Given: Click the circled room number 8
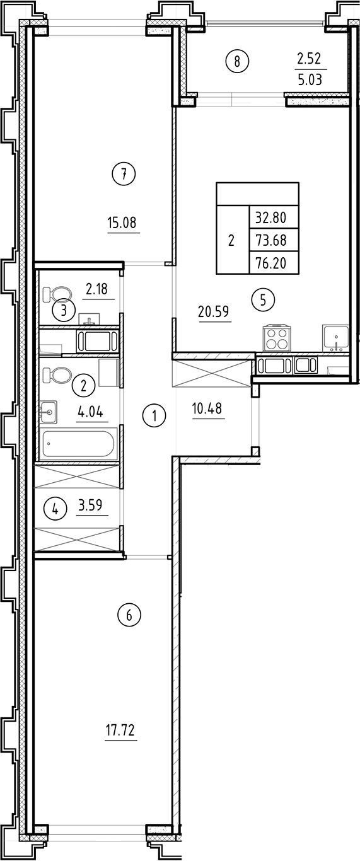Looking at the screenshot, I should [237, 61].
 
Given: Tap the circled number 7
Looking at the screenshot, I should [124, 174].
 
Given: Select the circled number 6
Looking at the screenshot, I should [129, 615].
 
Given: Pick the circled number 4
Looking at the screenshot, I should [55, 508].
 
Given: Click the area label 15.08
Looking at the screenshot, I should [122, 222].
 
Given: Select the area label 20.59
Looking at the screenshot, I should [215, 311].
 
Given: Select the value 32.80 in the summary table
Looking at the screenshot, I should [270, 218].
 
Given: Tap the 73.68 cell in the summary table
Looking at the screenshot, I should [270, 241].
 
